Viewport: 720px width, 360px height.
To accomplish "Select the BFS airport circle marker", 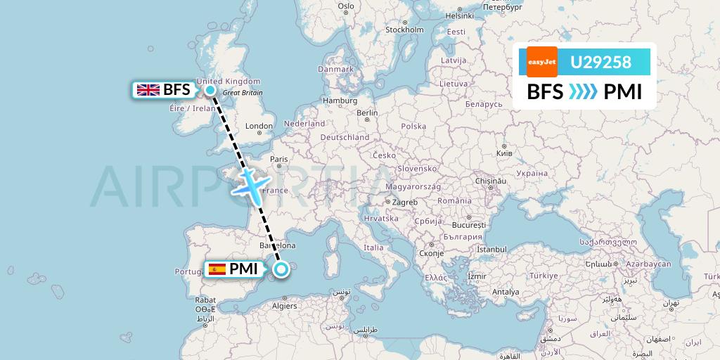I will pos(210,89).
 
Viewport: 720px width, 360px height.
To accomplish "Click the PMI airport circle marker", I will pos(281,269).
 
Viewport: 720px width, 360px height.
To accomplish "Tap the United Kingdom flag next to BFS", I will pos(148,89).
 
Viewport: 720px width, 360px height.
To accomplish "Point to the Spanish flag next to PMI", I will pos(217,269).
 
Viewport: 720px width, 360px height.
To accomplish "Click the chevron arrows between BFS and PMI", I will pos(582,92).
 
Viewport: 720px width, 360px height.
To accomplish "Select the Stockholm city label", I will pos(404,30).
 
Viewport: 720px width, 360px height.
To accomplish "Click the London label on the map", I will pos(259,127).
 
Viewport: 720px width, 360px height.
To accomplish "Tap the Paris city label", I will pos(279,160).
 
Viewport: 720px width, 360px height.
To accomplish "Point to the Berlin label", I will pos(367,112).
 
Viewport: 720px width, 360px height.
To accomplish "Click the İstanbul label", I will pos(491,249).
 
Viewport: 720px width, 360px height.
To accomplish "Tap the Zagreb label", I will pos(405,202).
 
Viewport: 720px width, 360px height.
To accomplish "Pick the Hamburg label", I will pos(340,101).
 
